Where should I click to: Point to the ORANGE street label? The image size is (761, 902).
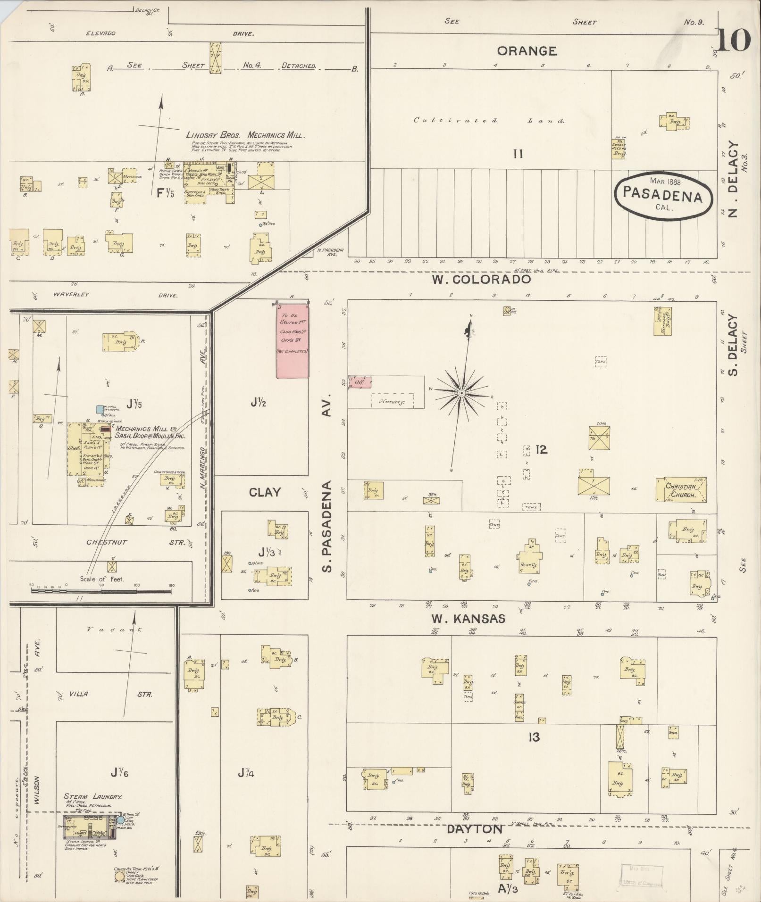(x=527, y=51)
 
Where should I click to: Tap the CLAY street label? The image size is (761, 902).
(x=265, y=492)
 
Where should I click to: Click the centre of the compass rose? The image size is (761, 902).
(x=461, y=393)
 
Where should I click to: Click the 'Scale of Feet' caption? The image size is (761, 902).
(x=101, y=579)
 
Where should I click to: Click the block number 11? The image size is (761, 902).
(x=518, y=154)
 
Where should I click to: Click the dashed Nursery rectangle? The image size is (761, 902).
(x=393, y=401)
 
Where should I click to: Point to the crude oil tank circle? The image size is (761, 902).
(x=120, y=876)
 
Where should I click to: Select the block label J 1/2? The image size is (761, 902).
(x=259, y=402)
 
